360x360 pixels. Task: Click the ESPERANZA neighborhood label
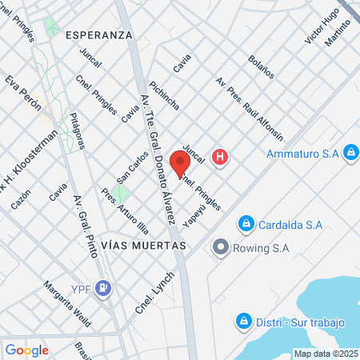(x=98, y=35)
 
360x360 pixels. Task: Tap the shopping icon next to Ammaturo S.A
(x=350, y=152)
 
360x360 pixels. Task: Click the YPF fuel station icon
(x=102, y=288)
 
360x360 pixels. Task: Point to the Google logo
(x=26, y=350)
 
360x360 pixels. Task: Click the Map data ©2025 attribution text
(x=326, y=354)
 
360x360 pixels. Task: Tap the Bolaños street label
(x=262, y=66)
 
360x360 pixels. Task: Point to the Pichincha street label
(x=163, y=95)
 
